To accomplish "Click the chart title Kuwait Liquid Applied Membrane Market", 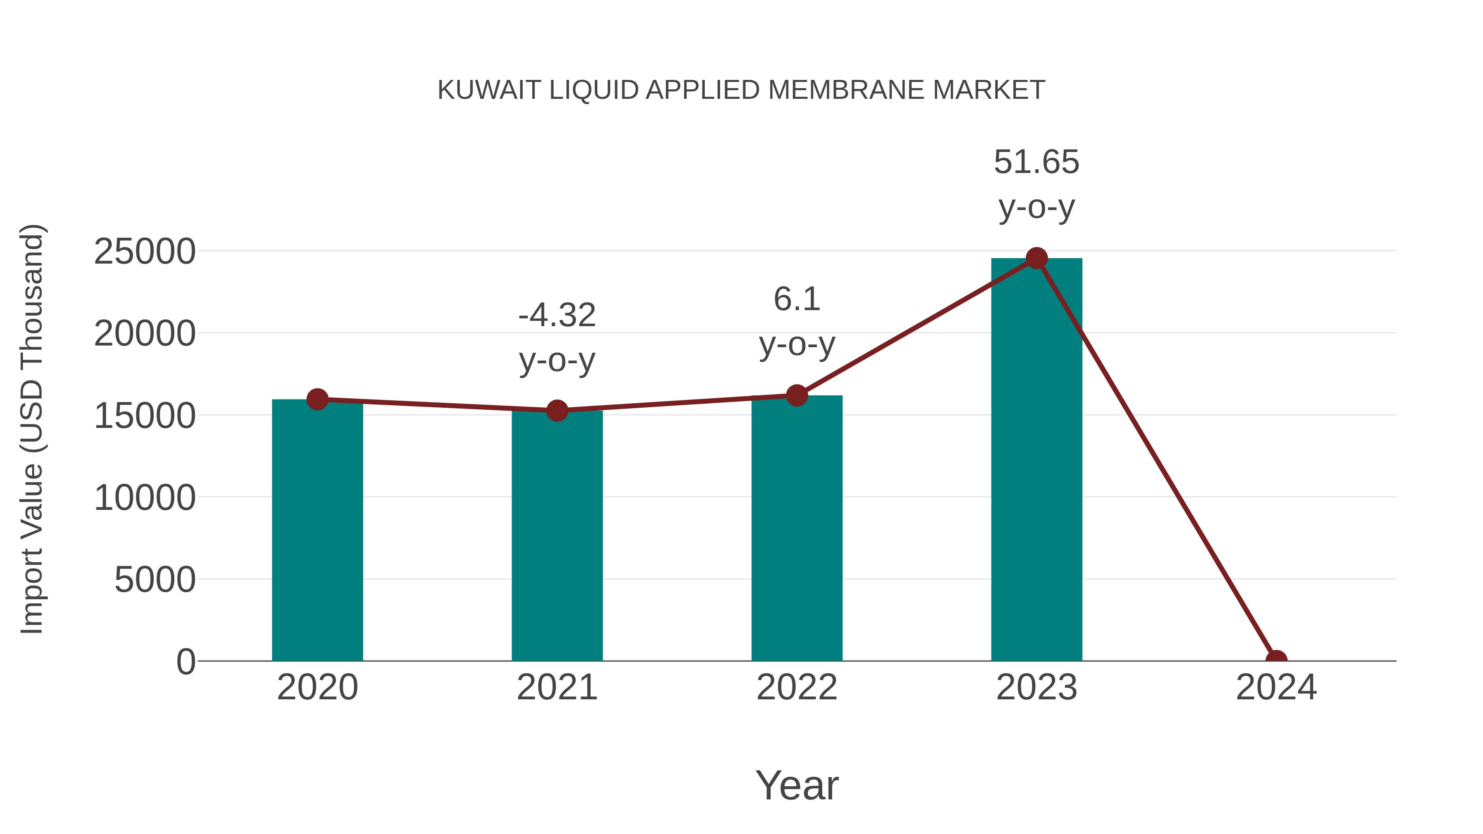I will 741,90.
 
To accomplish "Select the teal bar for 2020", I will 317,530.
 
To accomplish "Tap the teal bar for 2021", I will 557,535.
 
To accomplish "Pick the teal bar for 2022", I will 796,528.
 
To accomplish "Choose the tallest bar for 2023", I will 1036,460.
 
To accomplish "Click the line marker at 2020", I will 317,399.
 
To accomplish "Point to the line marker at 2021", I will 557,410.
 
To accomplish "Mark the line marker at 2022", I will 796,395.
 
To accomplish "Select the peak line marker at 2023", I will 1036,258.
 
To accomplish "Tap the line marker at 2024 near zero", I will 1276,660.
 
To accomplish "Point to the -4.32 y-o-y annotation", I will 557,337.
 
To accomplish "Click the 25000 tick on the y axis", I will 145,252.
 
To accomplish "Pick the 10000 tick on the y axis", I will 145,497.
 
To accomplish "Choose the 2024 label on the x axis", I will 1276,687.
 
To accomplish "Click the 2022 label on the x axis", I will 796,687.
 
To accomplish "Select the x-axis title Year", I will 796,785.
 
